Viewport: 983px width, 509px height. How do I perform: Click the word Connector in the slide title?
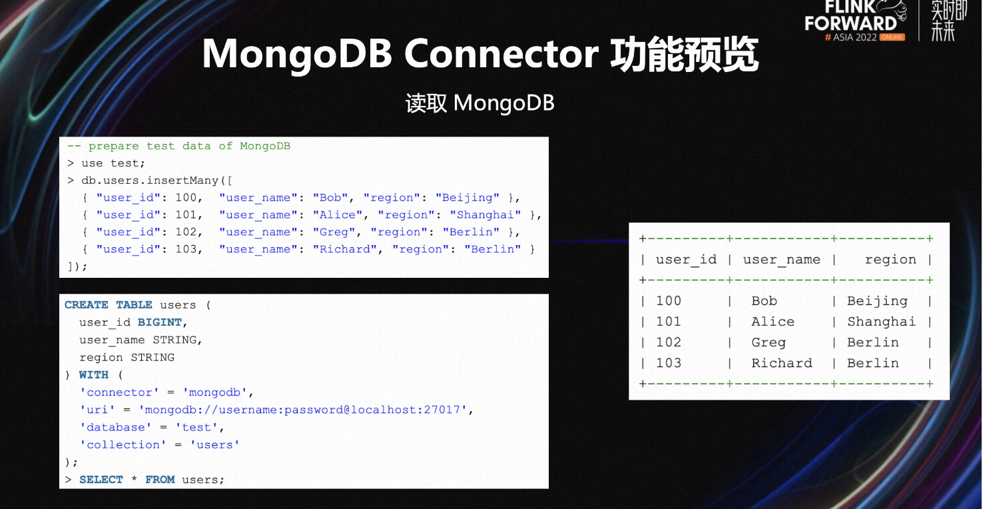pos(501,54)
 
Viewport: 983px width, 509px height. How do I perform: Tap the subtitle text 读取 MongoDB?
pos(480,103)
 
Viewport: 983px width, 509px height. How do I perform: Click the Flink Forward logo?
pos(856,21)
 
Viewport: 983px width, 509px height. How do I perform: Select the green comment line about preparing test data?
pos(178,146)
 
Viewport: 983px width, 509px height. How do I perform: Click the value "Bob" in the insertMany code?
pos(330,198)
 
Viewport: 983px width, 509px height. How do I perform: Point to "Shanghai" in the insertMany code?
pos(486,215)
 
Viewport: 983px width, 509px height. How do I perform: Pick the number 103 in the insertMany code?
pos(186,249)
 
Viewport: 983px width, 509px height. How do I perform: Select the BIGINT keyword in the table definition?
pos(160,322)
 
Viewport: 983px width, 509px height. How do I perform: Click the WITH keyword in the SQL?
pos(93,374)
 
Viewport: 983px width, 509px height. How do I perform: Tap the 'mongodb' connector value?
pos(214,392)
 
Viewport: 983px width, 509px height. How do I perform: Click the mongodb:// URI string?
pos(302,410)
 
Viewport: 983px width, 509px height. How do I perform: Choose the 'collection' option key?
pos(123,444)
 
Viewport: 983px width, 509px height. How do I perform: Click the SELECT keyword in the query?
pos(101,480)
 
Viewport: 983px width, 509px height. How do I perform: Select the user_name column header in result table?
pos(782,260)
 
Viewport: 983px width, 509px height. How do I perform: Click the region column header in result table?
pos(890,260)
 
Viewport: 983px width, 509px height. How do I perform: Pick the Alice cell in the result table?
pos(773,322)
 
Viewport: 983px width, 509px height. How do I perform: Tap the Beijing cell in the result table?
pos(877,301)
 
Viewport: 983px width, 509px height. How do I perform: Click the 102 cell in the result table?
pos(669,342)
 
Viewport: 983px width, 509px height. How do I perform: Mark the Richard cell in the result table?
pos(782,363)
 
